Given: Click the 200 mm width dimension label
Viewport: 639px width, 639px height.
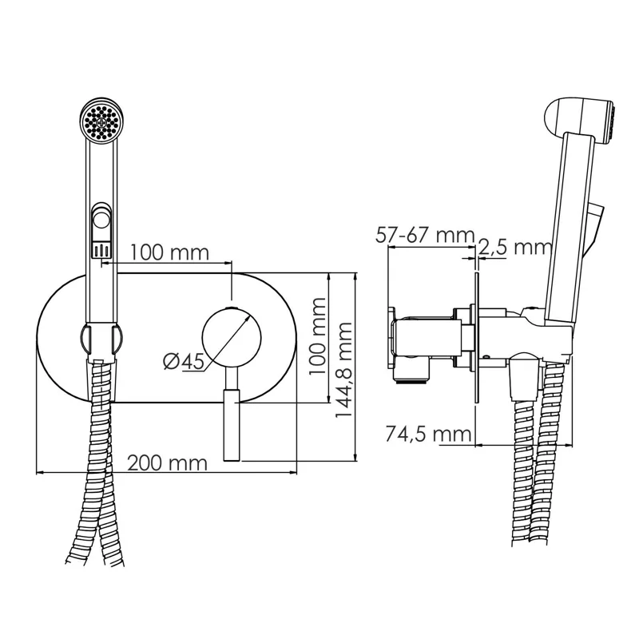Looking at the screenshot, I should (x=167, y=462).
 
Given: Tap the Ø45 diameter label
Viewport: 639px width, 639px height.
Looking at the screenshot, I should (x=182, y=361).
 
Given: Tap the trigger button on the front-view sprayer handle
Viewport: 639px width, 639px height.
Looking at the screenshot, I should (x=102, y=220).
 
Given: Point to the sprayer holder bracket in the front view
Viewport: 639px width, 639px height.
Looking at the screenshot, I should (x=102, y=339).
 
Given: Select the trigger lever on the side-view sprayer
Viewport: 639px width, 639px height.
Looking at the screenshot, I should (x=595, y=228).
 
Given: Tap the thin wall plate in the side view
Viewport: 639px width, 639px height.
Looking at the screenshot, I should (x=475, y=343).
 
